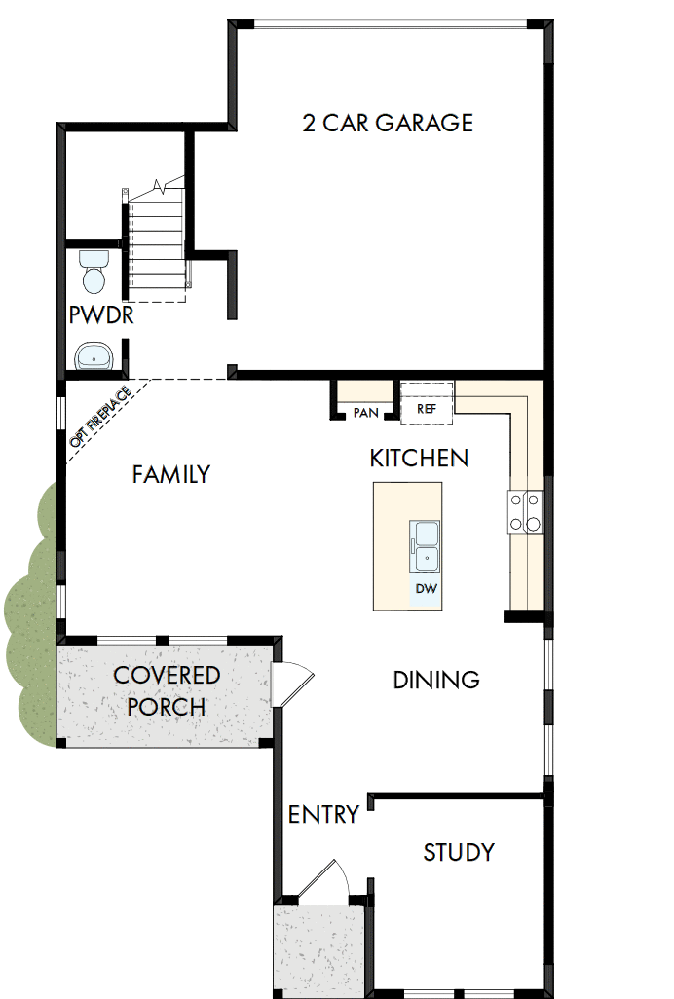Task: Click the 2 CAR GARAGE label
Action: pos(388,123)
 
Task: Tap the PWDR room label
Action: pos(100,316)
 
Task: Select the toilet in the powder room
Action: pos(94,272)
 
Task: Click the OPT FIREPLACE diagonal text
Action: pos(100,417)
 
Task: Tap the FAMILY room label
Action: pos(170,475)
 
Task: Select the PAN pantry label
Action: pos(365,412)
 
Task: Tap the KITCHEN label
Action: pos(419,458)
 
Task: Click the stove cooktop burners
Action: pos(525,511)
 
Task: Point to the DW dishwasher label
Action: pos(426,589)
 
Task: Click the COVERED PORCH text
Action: pos(167,690)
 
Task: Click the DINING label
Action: pos(435,680)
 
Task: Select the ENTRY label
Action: pos(323,814)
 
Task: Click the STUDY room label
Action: pos(458,853)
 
